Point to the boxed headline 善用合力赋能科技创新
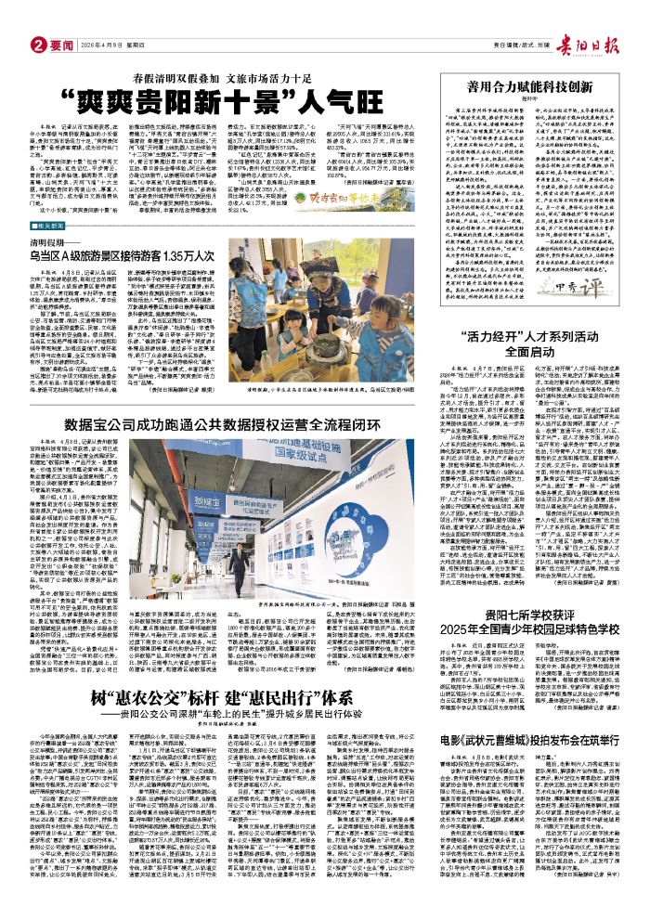pos(530,86)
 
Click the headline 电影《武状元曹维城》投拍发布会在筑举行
pos(529,768)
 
